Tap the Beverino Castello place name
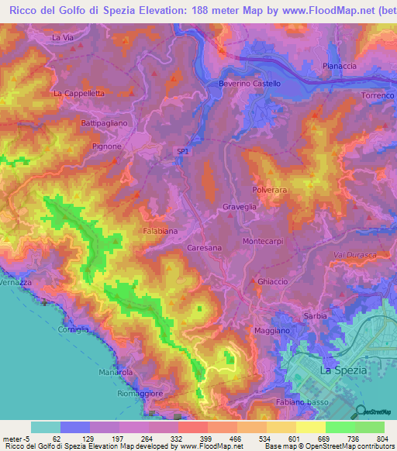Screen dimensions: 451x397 [x=249, y=83]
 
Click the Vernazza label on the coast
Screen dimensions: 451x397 [x=16, y=284]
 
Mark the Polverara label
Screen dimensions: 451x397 [x=271, y=189]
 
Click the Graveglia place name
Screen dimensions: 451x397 [x=239, y=207]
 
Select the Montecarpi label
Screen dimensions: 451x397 [x=264, y=241]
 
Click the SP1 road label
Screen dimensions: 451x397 [x=183, y=153]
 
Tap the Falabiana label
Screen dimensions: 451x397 [x=160, y=231]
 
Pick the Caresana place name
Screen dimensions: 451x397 [x=205, y=247]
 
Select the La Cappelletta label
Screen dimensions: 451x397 [x=78, y=93]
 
